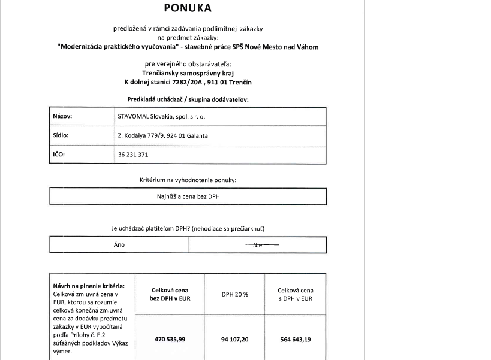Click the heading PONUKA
pyautogui.click(x=188, y=8)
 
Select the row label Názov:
pyautogui.click(x=63, y=117)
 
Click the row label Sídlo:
pyautogui.click(x=61, y=135)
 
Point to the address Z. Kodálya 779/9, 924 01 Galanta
pyautogui.click(x=163, y=136)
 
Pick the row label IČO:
pyautogui.click(x=59, y=155)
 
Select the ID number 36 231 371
pyautogui.click(x=133, y=155)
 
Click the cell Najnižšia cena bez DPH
pyautogui.click(x=187, y=196)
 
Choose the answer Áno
pyautogui.click(x=119, y=245)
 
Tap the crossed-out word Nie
pyautogui.click(x=258, y=245)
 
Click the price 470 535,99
pyautogui.click(x=170, y=340)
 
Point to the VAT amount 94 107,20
pyautogui.click(x=235, y=340)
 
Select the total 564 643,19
pyautogui.click(x=296, y=340)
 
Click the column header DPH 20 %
pyautogui.click(x=235, y=294)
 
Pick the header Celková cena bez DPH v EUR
pyautogui.click(x=170, y=294)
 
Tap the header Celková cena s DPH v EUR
pyautogui.click(x=296, y=294)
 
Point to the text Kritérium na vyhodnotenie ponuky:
pyautogui.click(x=188, y=180)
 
